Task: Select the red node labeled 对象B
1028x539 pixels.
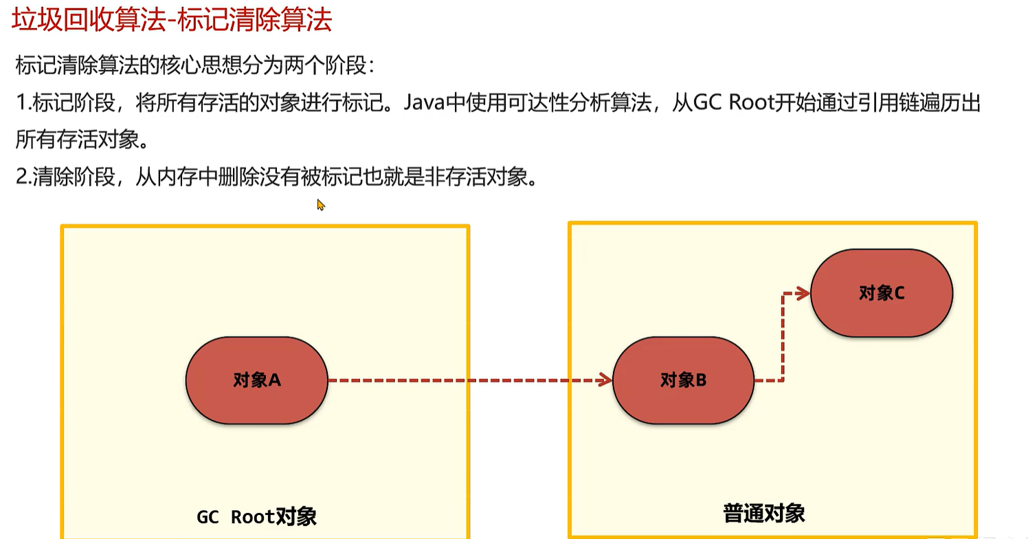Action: click(x=683, y=380)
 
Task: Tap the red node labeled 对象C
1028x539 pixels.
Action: click(x=882, y=293)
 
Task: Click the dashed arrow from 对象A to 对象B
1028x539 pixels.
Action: click(x=467, y=380)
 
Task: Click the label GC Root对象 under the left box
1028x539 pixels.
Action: click(x=256, y=516)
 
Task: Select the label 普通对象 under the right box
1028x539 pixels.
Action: click(x=763, y=513)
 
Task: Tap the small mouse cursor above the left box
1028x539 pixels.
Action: click(x=320, y=205)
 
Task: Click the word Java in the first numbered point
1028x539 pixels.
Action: click(x=426, y=104)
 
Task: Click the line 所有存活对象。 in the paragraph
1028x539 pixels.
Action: click(x=81, y=141)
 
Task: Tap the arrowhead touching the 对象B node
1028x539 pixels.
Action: click(x=605, y=380)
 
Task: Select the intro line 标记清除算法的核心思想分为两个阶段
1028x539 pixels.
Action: click(x=194, y=67)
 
